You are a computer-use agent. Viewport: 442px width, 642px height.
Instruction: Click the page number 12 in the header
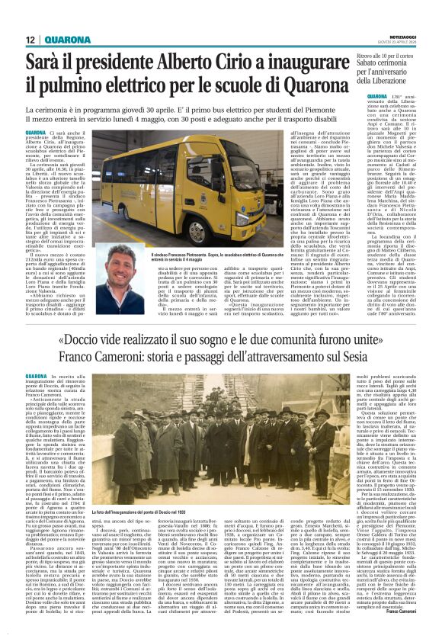[x=31, y=40]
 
